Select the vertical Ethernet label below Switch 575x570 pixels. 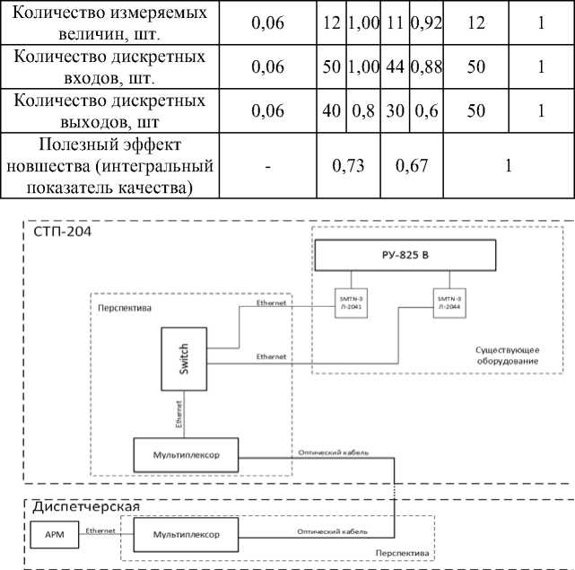[179, 415]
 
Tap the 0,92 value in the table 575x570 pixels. [427, 23]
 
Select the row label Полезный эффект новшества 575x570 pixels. [109, 166]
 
